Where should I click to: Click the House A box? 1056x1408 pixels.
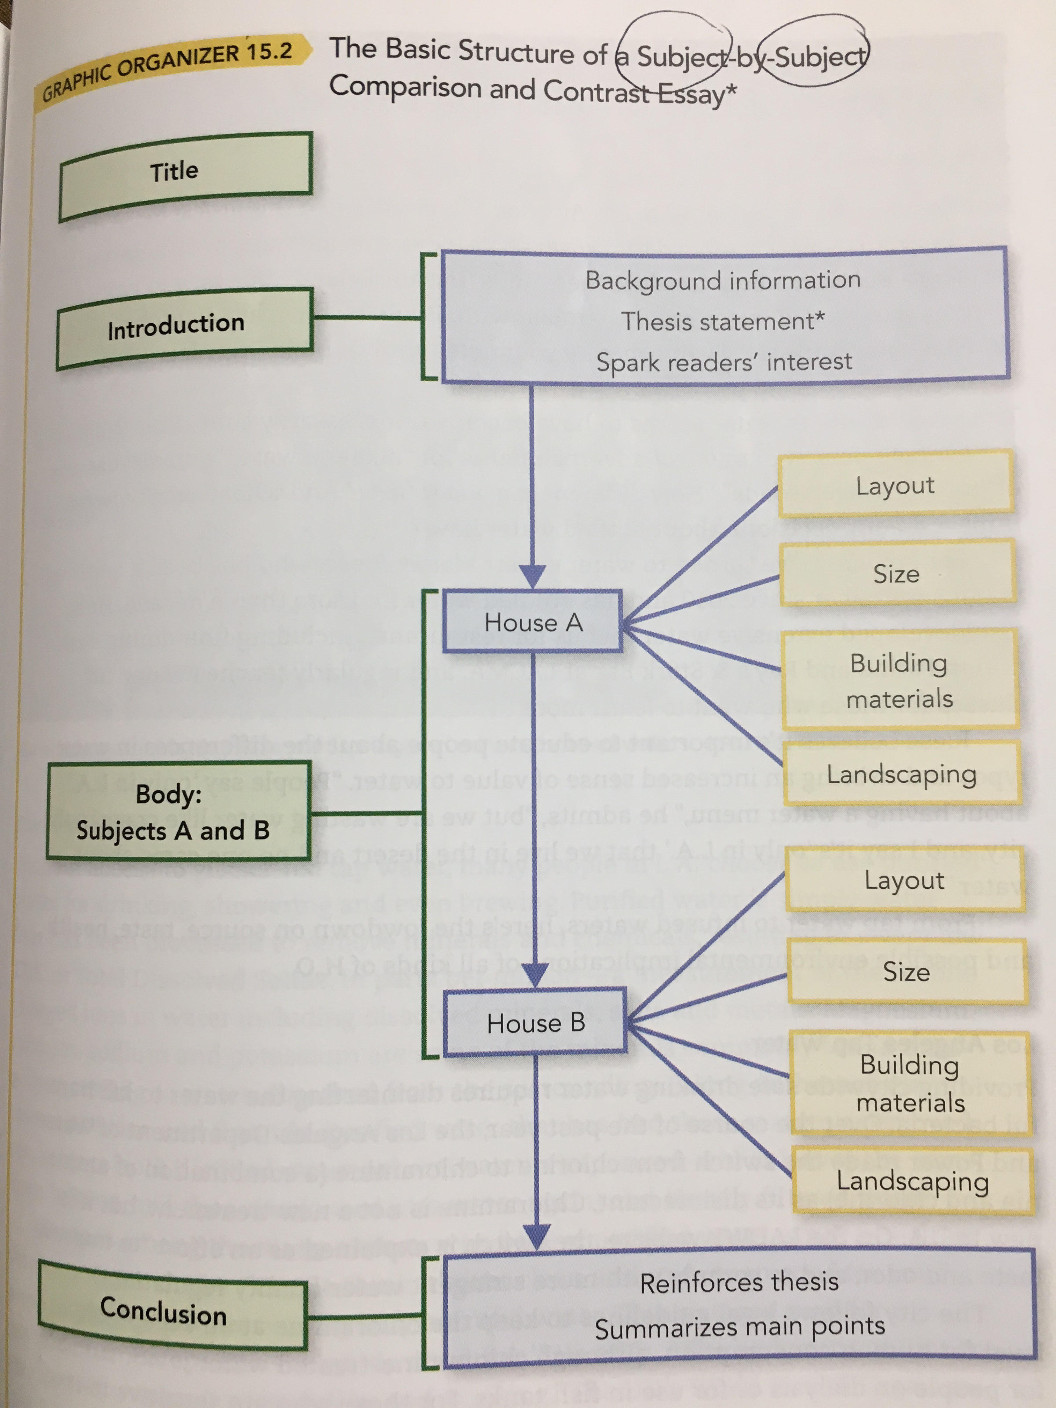[533, 622]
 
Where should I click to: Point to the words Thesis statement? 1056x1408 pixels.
[723, 322]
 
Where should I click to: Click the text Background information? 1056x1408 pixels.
[723, 280]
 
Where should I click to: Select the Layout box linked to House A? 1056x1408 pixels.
[895, 485]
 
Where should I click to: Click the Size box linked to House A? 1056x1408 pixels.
[896, 573]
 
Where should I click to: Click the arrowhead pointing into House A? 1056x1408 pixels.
[532, 576]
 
